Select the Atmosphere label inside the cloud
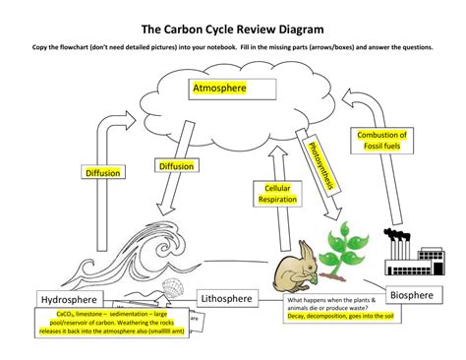pyautogui.click(x=218, y=89)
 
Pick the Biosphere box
pyautogui.click(x=415, y=294)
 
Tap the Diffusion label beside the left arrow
pyautogui.click(x=102, y=173)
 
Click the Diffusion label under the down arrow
pyautogui.click(x=175, y=167)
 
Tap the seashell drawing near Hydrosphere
pyautogui.click(x=169, y=288)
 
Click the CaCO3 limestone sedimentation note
pyautogui.click(x=110, y=325)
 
